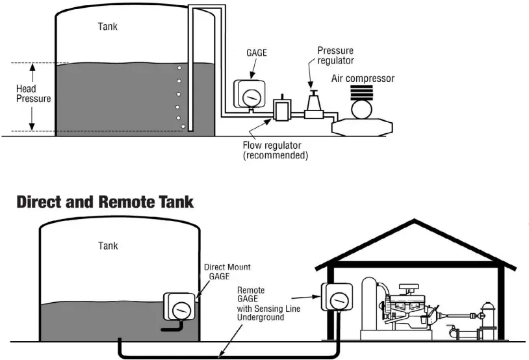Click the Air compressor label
coord(363,79)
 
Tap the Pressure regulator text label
coord(335,55)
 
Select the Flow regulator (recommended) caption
coord(275,150)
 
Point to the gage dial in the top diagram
coord(248,96)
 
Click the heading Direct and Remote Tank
coord(105,201)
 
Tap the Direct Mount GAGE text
coord(227,272)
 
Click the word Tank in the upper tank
coord(108,27)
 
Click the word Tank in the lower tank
coord(108,246)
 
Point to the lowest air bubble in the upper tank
coord(183,126)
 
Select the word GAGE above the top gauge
coord(257,53)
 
